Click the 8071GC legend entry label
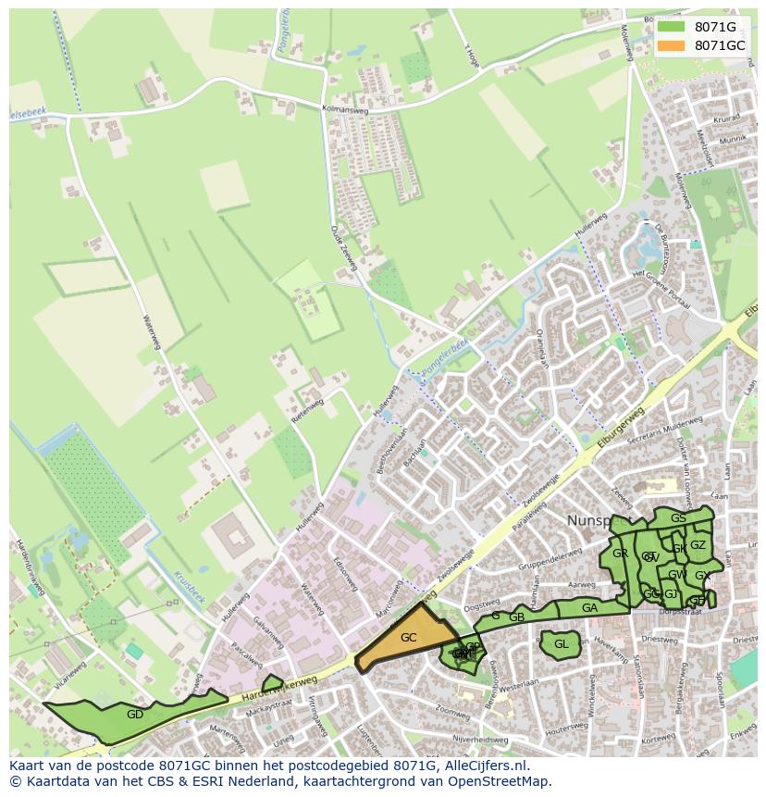[719, 45]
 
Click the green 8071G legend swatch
[672, 27]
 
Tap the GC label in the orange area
[408, 638]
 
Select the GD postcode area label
[135, 714]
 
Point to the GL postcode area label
[561, 644]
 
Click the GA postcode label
[589, 608]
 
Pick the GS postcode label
[678, 518]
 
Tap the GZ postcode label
[698, 545]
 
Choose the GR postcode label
[620, 554]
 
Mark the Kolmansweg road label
[342, 109]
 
